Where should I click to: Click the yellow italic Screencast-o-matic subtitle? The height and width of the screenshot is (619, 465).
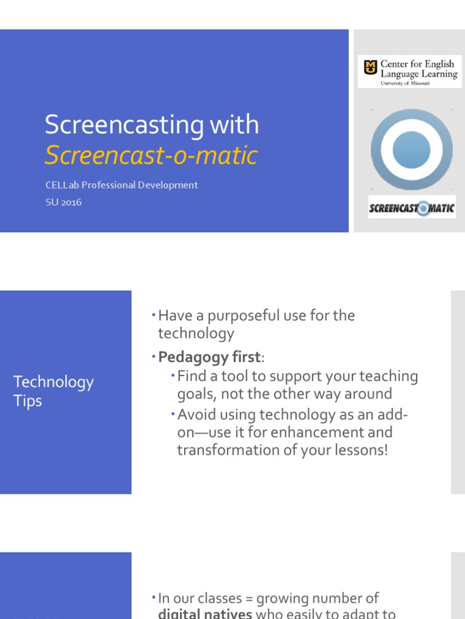pos(151,156)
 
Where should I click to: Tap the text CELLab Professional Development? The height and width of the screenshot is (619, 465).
pos(121,185)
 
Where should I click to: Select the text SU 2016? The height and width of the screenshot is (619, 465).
pos(63,202)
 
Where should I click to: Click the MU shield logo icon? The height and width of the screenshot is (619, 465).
pos(369,68)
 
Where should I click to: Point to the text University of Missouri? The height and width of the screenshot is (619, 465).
pos(404,83)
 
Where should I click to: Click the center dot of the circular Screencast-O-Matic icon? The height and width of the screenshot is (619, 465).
pos(411,149)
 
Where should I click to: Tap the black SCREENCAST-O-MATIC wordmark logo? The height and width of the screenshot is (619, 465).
pos(411,209)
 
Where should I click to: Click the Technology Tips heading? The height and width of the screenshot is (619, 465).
pos(53,391)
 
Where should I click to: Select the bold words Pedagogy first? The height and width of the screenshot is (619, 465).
pos(209,357)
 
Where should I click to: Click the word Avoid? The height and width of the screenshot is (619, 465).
pos(196,415)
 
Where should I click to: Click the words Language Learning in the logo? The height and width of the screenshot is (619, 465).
pos(418,74)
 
